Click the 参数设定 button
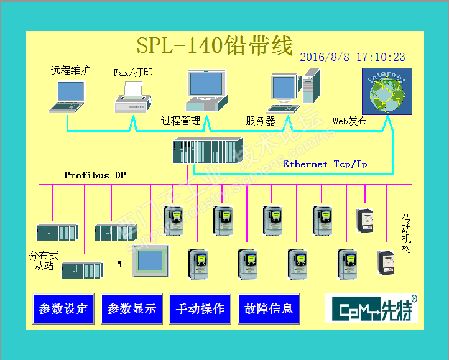(63, 309)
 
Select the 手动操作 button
(200, 309)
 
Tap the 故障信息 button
(269, 309)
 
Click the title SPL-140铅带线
(215, 45)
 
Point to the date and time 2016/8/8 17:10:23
(353, 57)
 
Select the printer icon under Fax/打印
(132, 97)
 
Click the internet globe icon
(386, 91)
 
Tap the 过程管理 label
(180, 121)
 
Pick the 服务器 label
(260, 121)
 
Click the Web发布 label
(349, 121)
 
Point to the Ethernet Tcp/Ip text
(325, 164)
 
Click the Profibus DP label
(95, 175)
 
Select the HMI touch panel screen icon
(150, 261)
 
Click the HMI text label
(119, 264)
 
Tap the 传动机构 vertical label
(407, 234)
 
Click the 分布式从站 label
(44, 261)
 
